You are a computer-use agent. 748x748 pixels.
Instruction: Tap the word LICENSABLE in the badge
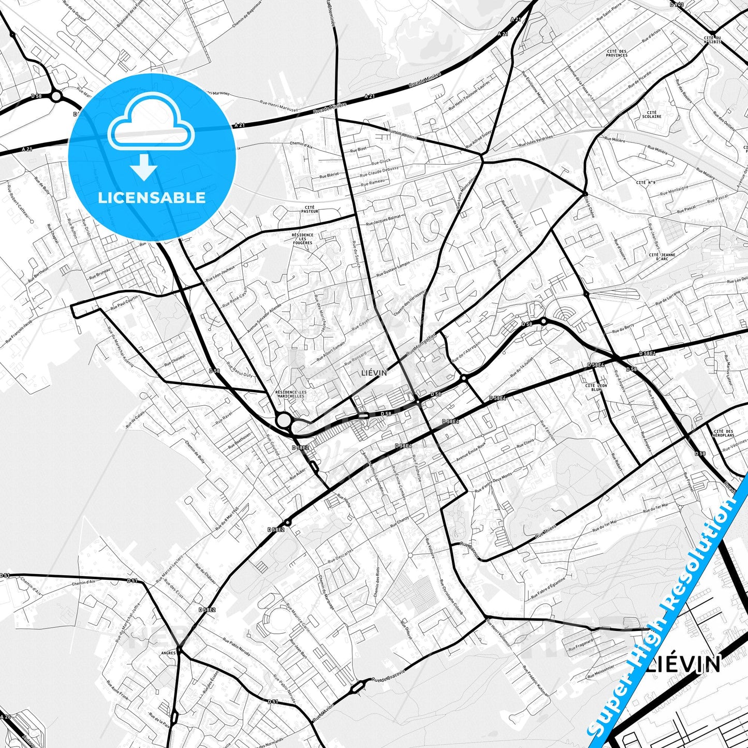(152, 197)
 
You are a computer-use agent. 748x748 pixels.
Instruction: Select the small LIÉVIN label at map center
(374, 373)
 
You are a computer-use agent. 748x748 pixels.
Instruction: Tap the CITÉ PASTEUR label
(309, 209)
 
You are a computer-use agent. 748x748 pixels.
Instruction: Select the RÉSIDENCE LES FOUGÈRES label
(302, 239)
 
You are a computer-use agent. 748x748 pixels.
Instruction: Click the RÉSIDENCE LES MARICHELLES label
(290, 394)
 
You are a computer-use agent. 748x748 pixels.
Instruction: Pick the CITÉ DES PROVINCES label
(617, 53)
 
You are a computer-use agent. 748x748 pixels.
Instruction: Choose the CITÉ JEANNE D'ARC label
(662, 257)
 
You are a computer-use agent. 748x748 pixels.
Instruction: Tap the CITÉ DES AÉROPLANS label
(723, 433)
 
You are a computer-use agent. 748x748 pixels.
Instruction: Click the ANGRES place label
(169, 653)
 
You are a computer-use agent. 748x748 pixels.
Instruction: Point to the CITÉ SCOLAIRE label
(652, 114)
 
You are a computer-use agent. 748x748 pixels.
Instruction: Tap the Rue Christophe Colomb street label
(451, 598)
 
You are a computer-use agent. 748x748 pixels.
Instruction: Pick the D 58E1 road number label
(647, 354)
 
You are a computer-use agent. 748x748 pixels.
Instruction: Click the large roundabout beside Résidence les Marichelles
(284, 420)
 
